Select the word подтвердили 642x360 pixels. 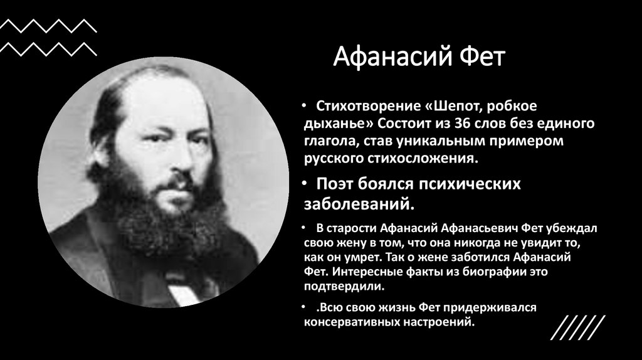(x=344, y=287)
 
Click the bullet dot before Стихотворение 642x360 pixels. (x=304, y=106)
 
